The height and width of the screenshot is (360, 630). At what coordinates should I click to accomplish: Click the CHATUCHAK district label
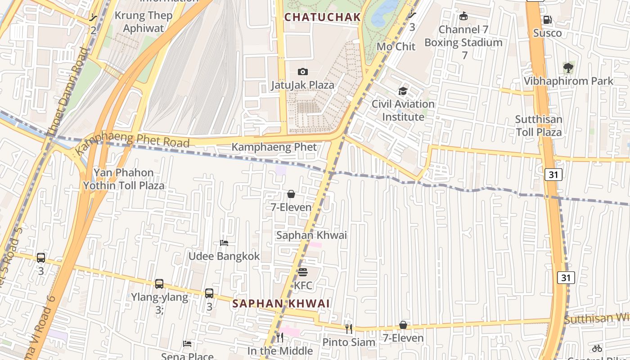point(323,17)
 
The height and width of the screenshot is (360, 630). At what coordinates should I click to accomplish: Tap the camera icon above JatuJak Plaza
point(303,72)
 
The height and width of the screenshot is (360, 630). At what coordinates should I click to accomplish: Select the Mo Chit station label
point(396,46)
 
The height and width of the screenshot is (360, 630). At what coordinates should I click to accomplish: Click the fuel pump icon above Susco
point(547,20)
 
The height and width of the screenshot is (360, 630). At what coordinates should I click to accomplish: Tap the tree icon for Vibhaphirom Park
point(568,68)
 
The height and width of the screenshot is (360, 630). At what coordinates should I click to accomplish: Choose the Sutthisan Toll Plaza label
point(539,126)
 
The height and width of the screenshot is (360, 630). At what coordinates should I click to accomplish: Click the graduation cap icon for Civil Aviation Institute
point(403,91)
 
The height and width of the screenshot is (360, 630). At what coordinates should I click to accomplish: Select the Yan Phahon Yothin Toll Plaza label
point(124,179)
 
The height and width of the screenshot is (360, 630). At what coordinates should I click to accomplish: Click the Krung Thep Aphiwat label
point(144,22)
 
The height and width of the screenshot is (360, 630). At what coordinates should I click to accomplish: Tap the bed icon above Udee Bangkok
point(224,243)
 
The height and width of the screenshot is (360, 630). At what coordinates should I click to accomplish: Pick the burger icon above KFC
point(303,272)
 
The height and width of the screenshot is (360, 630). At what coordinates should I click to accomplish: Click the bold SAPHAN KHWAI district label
point(281,303)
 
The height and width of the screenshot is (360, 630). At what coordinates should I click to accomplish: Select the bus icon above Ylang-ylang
point(159,284)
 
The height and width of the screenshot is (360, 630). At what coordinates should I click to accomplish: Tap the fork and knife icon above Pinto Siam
point(348,329)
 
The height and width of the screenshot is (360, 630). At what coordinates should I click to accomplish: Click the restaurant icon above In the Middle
point(280,337)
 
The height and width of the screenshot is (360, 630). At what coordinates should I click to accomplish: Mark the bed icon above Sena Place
point(187,344)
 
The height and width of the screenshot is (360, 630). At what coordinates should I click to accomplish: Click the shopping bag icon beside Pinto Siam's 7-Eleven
point(403,325)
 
